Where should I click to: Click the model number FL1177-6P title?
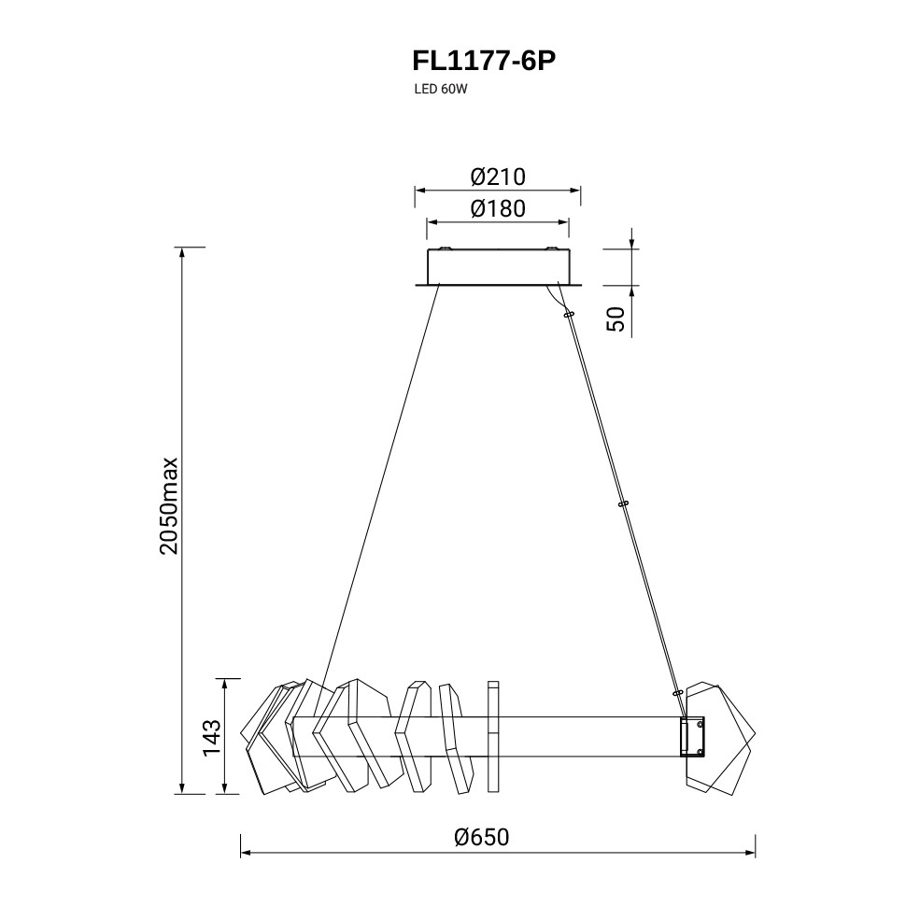pyautogui.click(x=484, y=61)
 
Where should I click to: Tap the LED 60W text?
pyautogui.click(x=440, y=90)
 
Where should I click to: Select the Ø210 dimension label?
pyautogui.click(x=498, y=177)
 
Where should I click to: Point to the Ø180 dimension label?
pyautogui.click(x=498, y=208)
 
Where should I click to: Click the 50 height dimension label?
pyautogui.click(x=616, y=319)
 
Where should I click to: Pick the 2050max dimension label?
pyautogui.click(x=169, y=506)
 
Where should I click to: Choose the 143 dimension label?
pyautogui.click(x=212, y=737)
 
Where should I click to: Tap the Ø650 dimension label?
pyautogui.click(x=482, y=837)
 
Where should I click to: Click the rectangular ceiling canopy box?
pyautogui.click(x=498, y=267)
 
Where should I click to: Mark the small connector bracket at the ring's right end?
pyautogui.click(x=693, y=736)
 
